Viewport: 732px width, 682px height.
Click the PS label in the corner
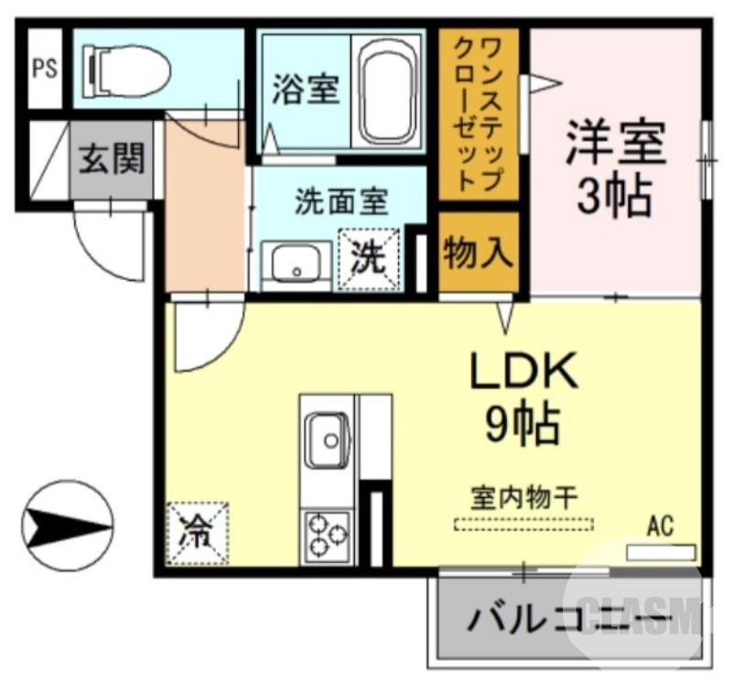tap(43, 70)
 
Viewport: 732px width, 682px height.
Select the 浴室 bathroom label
tap(305, 89)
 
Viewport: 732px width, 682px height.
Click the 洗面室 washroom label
tap(340, 200)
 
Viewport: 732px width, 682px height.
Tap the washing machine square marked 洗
tap(371, 258)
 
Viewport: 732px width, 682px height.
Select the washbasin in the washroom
tap(296, 265)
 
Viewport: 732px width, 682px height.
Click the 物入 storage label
tap(479, 252)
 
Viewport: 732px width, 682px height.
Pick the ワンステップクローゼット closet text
tap(479, 114)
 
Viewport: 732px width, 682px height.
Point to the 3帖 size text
tap(614, 193)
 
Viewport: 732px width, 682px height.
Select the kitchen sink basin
tap(327, 441)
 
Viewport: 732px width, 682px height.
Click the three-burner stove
tap(328, 534)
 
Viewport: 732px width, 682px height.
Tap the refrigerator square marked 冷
tap(197, 532)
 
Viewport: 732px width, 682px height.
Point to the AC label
tap(660, 525)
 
